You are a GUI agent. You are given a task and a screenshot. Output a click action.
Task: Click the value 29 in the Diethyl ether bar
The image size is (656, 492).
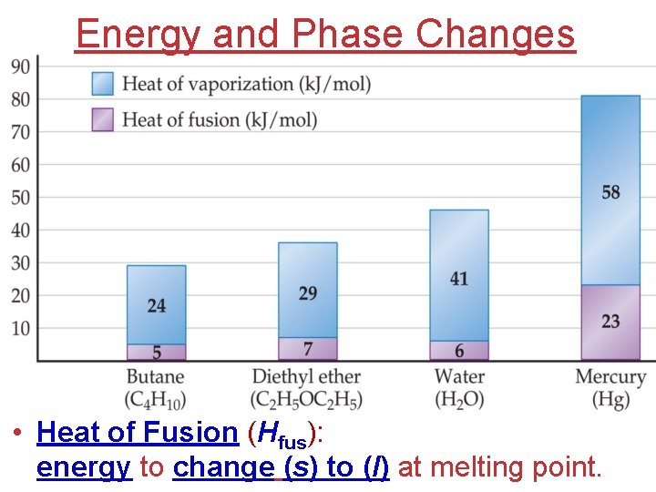pyautogui.click(x=308, y=293)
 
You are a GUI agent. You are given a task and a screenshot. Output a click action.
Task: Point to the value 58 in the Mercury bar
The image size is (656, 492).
pyautogui.click(x=610, y=192)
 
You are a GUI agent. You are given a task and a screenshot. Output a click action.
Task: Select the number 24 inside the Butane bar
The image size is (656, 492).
pyautogui.click(x=157, y=306)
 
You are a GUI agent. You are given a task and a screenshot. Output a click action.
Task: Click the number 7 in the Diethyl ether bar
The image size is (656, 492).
pyautogui.click(x=308, y=349)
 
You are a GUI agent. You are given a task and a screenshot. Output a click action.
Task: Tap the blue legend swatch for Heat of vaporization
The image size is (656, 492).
pyautogui.click(x=103, y=85)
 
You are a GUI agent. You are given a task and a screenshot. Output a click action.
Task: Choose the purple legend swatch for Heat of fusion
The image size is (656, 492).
pyautogui.click(x=103, y=119)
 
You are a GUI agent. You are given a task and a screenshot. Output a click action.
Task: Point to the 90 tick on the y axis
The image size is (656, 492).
pyautogui.click(x=20, y=66)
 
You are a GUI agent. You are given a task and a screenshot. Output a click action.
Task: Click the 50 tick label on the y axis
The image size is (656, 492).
pyautogui.click(x=20, y=198)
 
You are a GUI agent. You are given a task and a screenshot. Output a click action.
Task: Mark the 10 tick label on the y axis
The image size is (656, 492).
pyautogui.click(x=20, y=328)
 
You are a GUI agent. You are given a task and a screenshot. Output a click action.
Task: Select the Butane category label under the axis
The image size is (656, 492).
pyautogui.click(x=155, y=377)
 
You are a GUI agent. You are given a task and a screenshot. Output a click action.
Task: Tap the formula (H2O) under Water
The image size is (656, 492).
pyautogui.click(x=459, y=400)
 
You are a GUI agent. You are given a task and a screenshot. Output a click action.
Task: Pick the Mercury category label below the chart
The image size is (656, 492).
pyautogui.click(x=610, y=377)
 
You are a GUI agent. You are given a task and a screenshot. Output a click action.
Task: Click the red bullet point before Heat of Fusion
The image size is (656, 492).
pyautogui.click(x=18, y=434)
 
